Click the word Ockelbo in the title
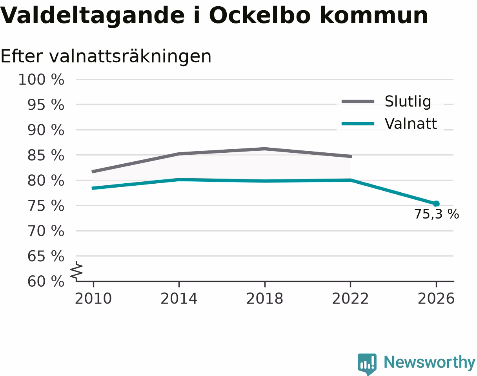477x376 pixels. (x=259, y=15)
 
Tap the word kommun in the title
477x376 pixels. (x=374, y=15)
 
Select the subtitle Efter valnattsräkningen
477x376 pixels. (x=106, y=57)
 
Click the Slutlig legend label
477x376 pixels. (x=408, y=101)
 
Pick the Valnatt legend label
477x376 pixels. (x=411, y=123)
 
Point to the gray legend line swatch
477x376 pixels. (x=358, y=101)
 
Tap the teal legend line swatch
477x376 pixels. (x=358, y=124)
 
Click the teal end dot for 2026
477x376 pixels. (x=436, y=204)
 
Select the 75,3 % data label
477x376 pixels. (x=437, y=214)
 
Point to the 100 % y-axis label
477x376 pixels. (x=41, y=80)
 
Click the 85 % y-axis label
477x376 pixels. (x=46, y=155)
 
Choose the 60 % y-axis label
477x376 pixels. (x=46, y=281)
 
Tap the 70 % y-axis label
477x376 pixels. (x=46, y=231)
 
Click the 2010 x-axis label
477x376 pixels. (x=93, y=298)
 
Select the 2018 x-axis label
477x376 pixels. (x=265, y=298)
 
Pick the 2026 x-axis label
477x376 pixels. (x=436, y=298)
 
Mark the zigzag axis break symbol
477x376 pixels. (x=76, y=270)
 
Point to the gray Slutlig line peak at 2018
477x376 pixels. (x=265, y=149)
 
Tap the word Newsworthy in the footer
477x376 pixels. (x=430, y=362)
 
